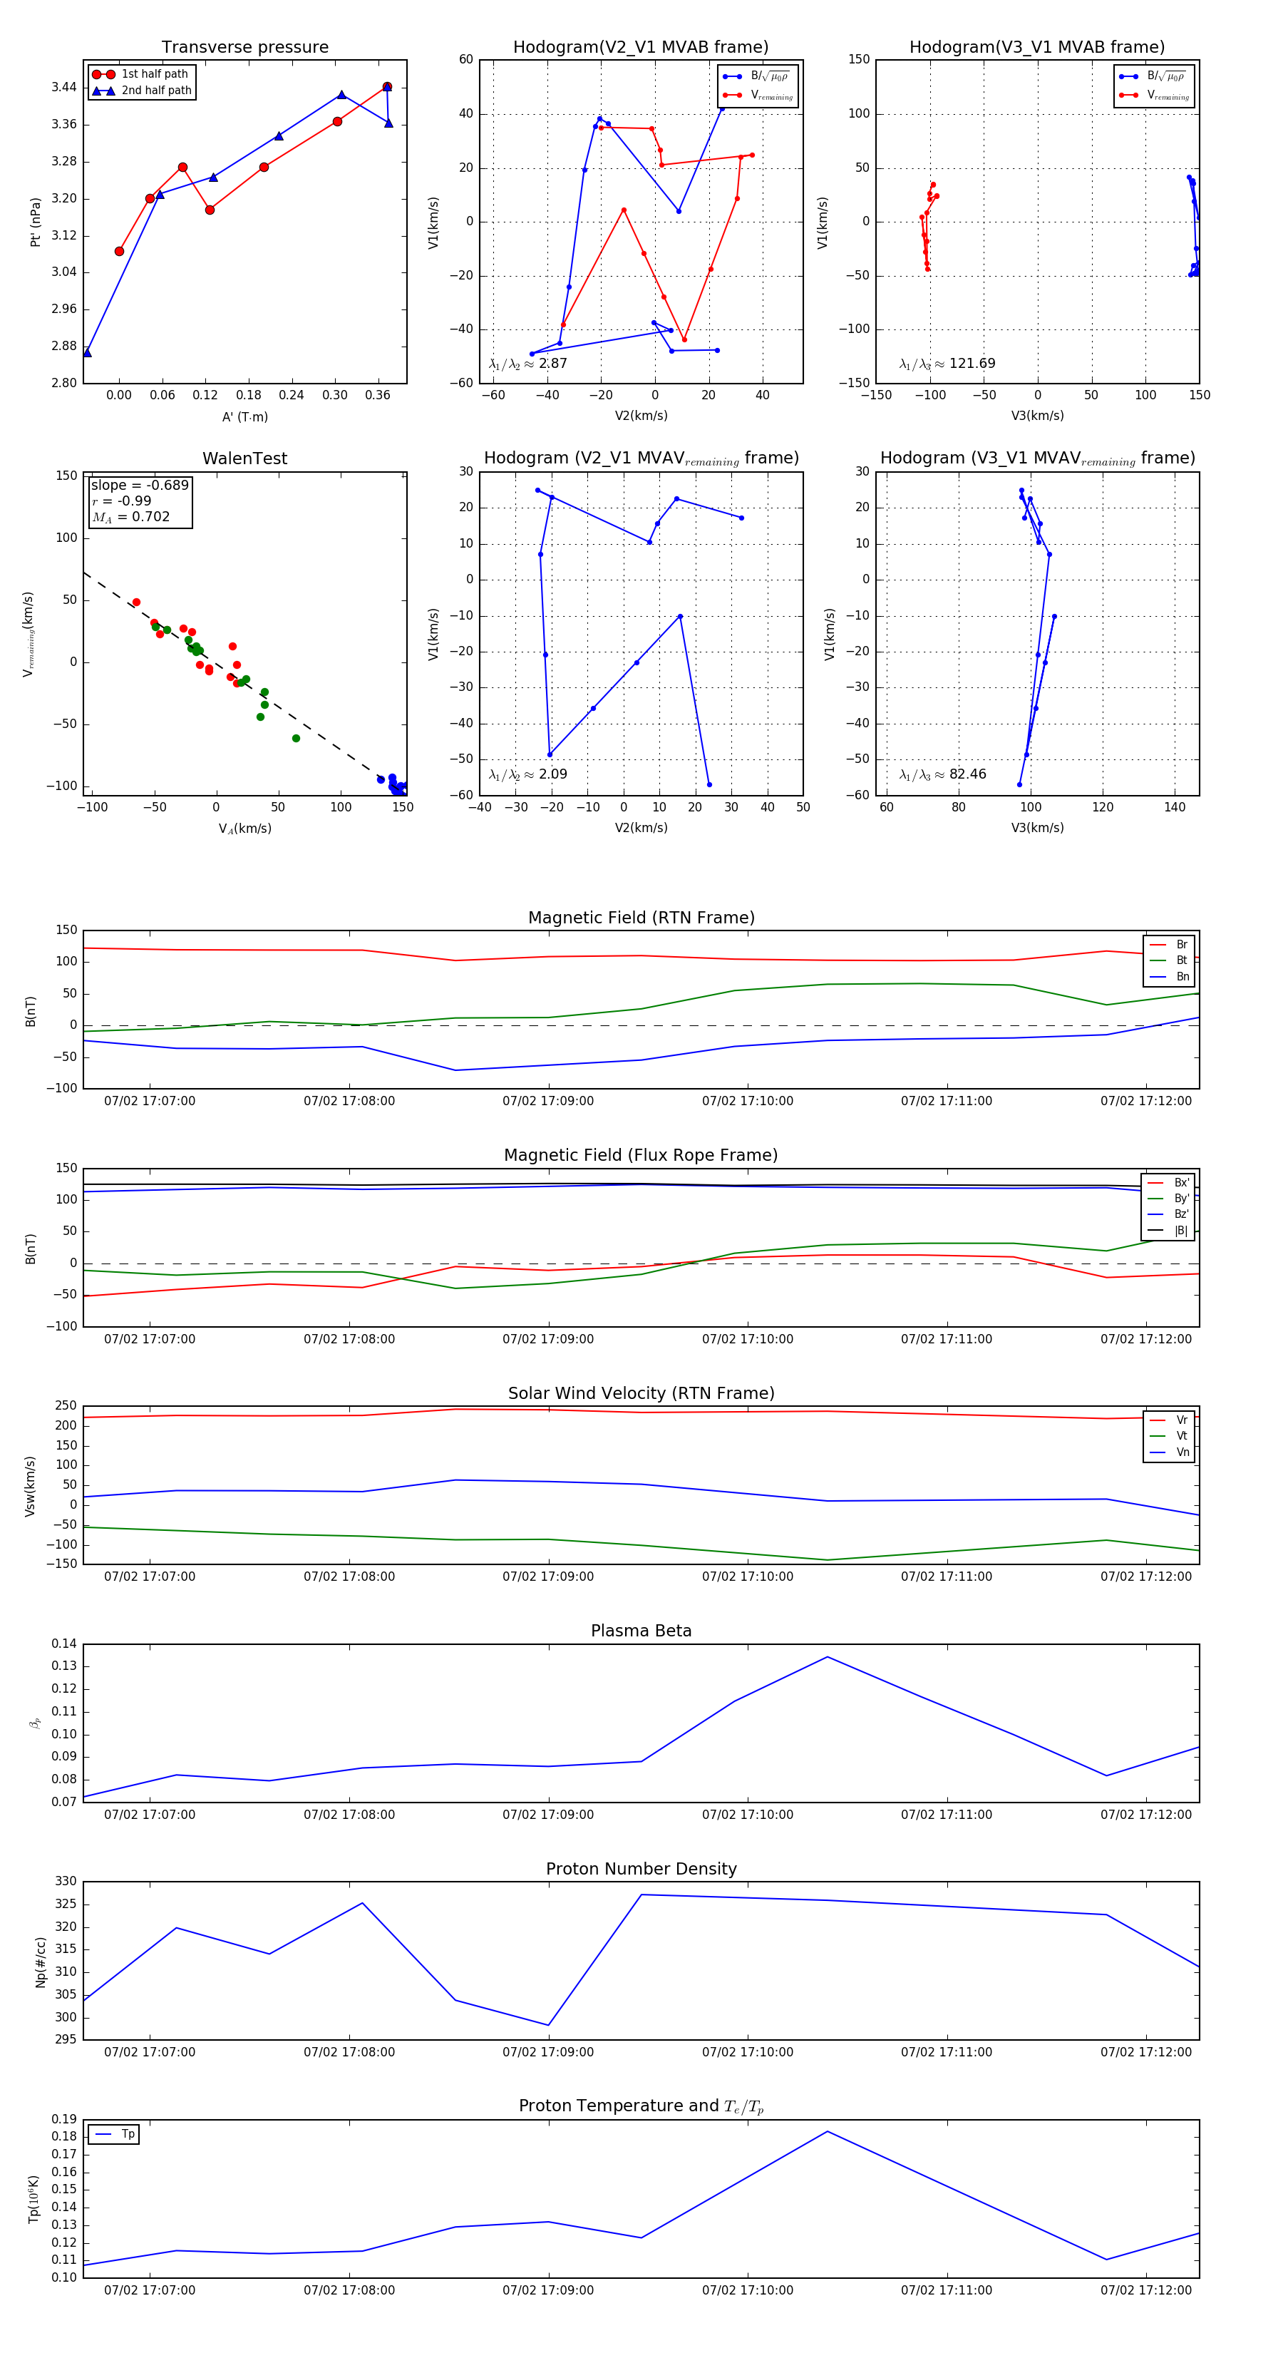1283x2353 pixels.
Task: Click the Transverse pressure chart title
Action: click(244, 48)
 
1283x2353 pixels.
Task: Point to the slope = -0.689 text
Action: click(140, 485)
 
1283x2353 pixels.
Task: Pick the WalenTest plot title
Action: click(244, 458)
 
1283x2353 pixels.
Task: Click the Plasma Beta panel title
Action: click(641, 1631)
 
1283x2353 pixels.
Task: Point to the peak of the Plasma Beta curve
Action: click(828, 1657)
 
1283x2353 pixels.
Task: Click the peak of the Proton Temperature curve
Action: click(828, 2131)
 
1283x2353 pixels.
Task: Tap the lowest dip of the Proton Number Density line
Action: click(548, 2025)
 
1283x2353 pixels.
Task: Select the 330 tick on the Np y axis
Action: click(66, 1882)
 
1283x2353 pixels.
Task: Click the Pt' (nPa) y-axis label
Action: click(36, 222)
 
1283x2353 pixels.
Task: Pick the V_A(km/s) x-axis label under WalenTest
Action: click(244, 829)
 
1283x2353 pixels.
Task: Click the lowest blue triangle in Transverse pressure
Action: click(87, 352)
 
